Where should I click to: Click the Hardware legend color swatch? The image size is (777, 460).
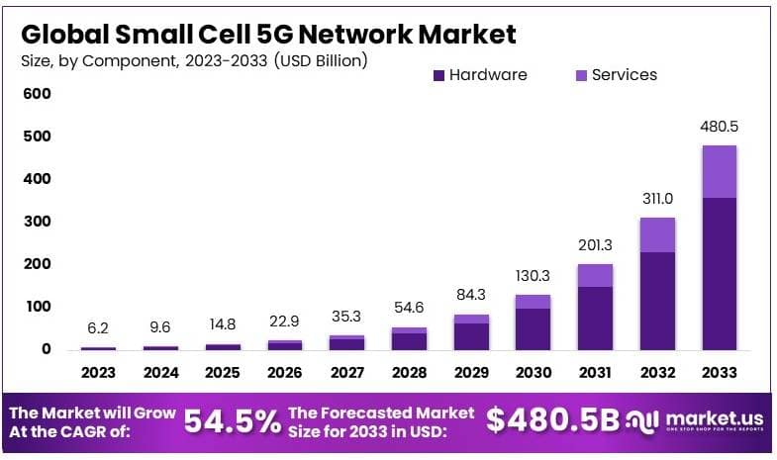[438, 75]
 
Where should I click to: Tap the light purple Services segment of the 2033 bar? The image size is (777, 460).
[719, 171]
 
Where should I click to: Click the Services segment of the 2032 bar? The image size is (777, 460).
[656, 234]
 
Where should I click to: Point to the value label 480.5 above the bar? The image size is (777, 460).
[719, 129]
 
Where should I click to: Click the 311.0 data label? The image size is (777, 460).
[656, 198]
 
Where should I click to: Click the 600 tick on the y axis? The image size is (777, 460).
[37, 94]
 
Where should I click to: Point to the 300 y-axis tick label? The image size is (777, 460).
[37, 222]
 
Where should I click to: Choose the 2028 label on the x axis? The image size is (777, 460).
[408, 373]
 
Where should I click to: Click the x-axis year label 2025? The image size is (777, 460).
[222, 373]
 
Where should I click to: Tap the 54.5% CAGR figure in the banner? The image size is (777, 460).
[232, 421]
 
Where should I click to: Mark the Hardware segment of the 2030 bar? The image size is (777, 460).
[532, 328]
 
